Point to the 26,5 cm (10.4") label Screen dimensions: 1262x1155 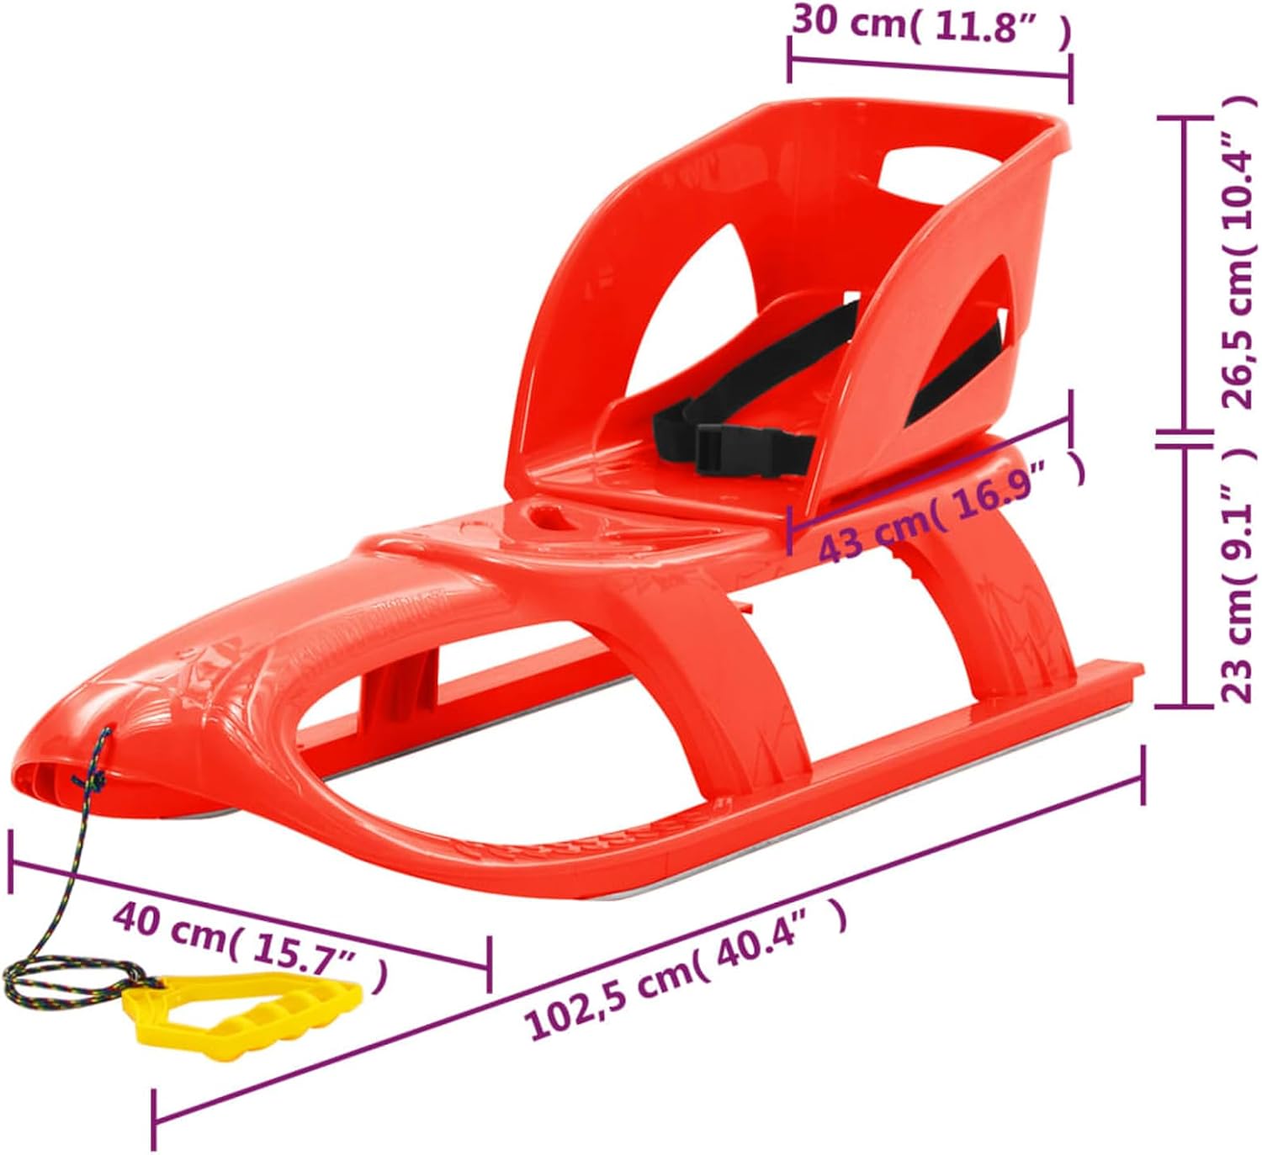tap(1238, 252)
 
